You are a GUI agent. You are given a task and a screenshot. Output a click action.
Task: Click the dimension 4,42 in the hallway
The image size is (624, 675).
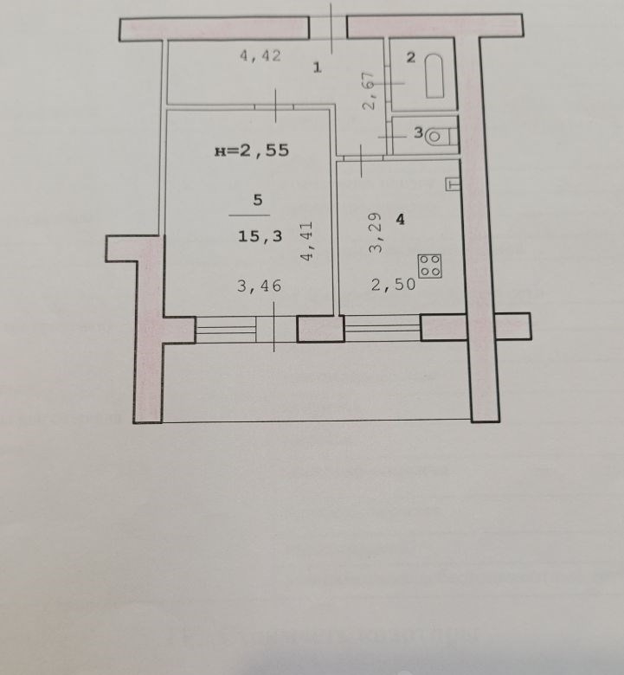pos(261,55)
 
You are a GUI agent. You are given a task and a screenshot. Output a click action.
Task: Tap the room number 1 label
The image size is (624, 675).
pos(318,67)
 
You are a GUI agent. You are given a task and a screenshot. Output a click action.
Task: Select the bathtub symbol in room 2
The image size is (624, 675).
pos(434,76)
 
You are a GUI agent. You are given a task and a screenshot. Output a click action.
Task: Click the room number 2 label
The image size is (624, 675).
pos(411,57)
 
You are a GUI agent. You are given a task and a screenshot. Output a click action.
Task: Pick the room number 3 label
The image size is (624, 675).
pos(418,132)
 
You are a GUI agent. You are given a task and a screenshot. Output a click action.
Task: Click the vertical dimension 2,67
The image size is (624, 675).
pos(369,90)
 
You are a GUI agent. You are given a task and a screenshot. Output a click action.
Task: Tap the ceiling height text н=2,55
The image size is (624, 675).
pos(252,151)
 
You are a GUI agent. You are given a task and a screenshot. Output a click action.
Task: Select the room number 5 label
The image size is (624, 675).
pos(258,200)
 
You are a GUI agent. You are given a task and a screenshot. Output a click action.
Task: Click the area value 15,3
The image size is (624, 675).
pos(261,236)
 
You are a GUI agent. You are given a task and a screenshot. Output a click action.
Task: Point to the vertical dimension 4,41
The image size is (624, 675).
pos(307,241)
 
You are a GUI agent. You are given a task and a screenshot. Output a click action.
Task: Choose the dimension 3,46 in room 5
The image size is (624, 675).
pos(260,286)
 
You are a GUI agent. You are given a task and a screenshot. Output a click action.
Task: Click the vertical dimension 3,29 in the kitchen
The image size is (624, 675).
pos(376,233)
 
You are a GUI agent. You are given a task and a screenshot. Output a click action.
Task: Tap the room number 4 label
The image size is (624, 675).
pos(401,220)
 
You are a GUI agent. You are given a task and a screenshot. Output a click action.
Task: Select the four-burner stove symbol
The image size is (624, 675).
pos(430,266)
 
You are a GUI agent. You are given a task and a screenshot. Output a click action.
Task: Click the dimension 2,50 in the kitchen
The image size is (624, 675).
pos(393,284)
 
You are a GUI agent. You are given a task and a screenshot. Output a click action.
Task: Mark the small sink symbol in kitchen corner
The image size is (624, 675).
pos(453,184)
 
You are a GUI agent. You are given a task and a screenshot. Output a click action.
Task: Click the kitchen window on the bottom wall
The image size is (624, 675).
pos(383,328)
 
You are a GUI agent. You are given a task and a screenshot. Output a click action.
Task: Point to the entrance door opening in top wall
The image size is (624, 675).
pos(328,27)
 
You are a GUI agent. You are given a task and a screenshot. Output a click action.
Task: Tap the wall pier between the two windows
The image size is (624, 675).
pos(321,329)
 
